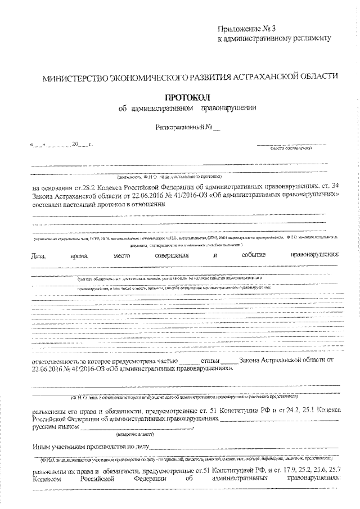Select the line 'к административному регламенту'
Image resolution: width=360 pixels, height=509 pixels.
[271, 38]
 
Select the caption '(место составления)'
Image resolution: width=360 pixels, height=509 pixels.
[291, 149]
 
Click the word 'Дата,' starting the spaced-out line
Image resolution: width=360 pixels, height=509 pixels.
[40, 255]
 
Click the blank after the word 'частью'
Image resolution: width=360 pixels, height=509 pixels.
[188, 360]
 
